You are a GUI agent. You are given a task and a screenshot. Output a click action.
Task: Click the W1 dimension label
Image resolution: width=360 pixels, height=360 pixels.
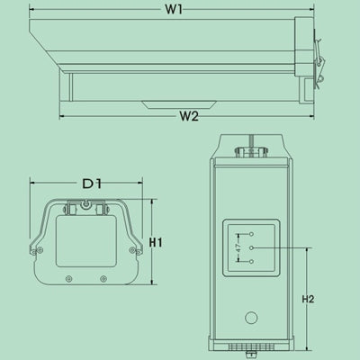pos(174,10)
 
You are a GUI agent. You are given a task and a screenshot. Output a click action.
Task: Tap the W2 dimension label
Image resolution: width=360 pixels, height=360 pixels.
pos(189,116)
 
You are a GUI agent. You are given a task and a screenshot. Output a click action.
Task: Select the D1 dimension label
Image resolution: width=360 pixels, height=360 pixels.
pos(92,184)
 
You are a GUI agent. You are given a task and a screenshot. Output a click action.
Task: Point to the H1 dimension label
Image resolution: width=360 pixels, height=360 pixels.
pos(156,242)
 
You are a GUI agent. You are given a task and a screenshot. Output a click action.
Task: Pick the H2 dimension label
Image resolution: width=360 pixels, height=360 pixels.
pos(308,299)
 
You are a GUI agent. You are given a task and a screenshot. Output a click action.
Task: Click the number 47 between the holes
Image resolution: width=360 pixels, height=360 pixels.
pos(238,247)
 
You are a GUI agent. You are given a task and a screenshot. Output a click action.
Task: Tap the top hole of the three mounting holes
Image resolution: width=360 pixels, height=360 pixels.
pos(252,234)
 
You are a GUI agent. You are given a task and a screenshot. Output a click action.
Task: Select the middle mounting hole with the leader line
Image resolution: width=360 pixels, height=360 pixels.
pos(252,247)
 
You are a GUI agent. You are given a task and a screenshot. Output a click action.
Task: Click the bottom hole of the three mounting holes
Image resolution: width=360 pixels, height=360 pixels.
pos(252,262)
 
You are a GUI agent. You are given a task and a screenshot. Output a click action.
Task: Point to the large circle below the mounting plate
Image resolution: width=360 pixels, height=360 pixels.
pos(251,318)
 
